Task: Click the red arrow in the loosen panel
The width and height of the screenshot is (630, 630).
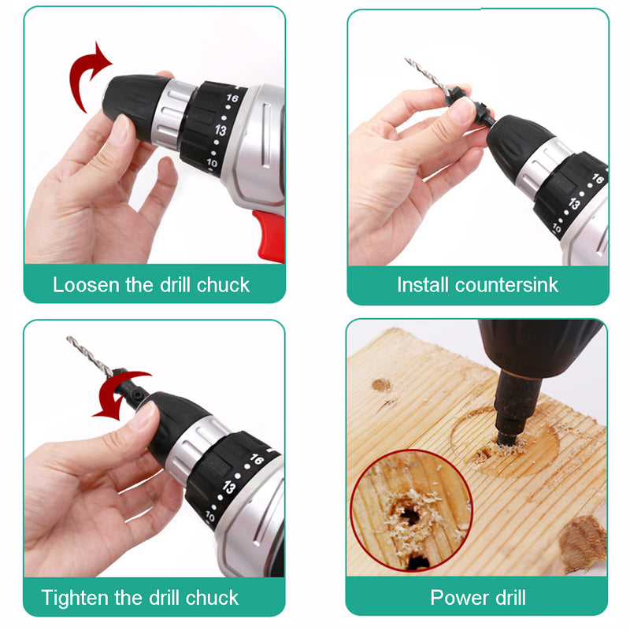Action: point(87,75)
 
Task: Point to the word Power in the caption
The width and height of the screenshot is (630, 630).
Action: point(455,597)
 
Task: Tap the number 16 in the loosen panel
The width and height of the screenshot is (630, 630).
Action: point(232,100)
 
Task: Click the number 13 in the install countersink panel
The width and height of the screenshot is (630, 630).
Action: point(575,204)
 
